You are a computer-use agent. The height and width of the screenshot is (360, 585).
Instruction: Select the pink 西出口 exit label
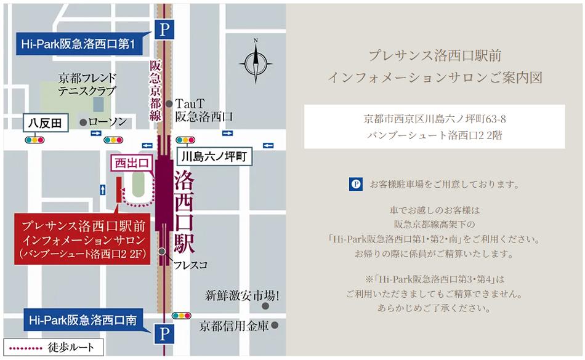pyautogui.click(x=128, y=163)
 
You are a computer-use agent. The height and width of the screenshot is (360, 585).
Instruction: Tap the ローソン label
pyautogui.click(x=107, y=122)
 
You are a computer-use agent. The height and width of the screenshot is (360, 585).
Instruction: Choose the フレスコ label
pyautogui.click(x=188, y=265)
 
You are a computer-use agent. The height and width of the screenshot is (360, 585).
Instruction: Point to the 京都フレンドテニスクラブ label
pyautogui.click(x=87, y=85)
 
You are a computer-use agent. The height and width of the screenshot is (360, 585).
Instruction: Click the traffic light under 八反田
pyautogui.click(x=34, y=140)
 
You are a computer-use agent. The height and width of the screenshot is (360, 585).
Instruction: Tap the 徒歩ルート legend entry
pyautogui.click(x=50, y=348)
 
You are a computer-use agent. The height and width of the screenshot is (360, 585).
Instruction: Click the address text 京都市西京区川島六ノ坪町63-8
pyautogui.click(x=435, y=118)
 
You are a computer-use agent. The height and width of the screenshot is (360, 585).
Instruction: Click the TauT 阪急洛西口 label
pyautogui.click(x=203, y=110)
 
